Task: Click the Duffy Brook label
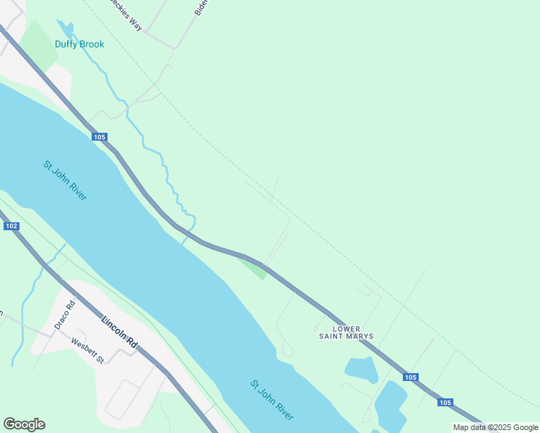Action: click(x=79, y=44)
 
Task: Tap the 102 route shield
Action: click(x=11, y=226)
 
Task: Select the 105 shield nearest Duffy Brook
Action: click(x=100, y=137)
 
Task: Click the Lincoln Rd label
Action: click(x=119, y=334)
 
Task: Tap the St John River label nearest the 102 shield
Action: click(x=65, y=180)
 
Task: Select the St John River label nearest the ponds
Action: click(x=272, y=400)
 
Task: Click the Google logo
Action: click(x=24, y=424)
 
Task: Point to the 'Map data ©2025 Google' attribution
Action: click(x=496, y=427)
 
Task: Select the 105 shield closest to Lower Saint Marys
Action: click(x=411, y=377)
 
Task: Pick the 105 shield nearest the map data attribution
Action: click(x=445, y=403)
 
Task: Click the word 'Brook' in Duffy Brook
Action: click(x=92, y=44)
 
